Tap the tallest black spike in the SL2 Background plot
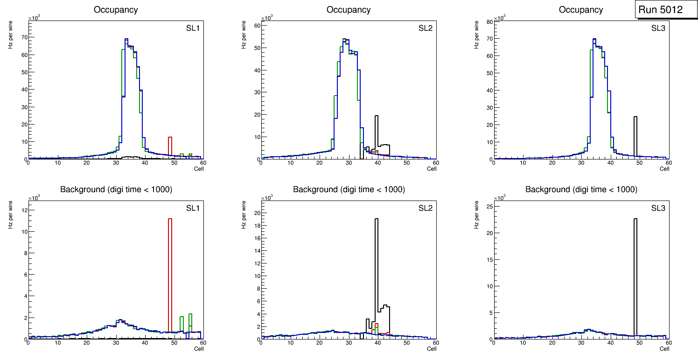pos(376,275)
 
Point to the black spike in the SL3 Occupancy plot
pos(635,135)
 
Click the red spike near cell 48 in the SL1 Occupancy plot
pos(170,145)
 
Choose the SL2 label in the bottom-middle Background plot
pos(425,208)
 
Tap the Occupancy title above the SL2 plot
pos(349,10)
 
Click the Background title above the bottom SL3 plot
pos(581,189)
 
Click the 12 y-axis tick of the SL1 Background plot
pos(23,210)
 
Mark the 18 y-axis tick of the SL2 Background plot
pos(256,225)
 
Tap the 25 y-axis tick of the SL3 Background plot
pos(489,207)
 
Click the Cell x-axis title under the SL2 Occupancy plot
pos(432,169)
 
